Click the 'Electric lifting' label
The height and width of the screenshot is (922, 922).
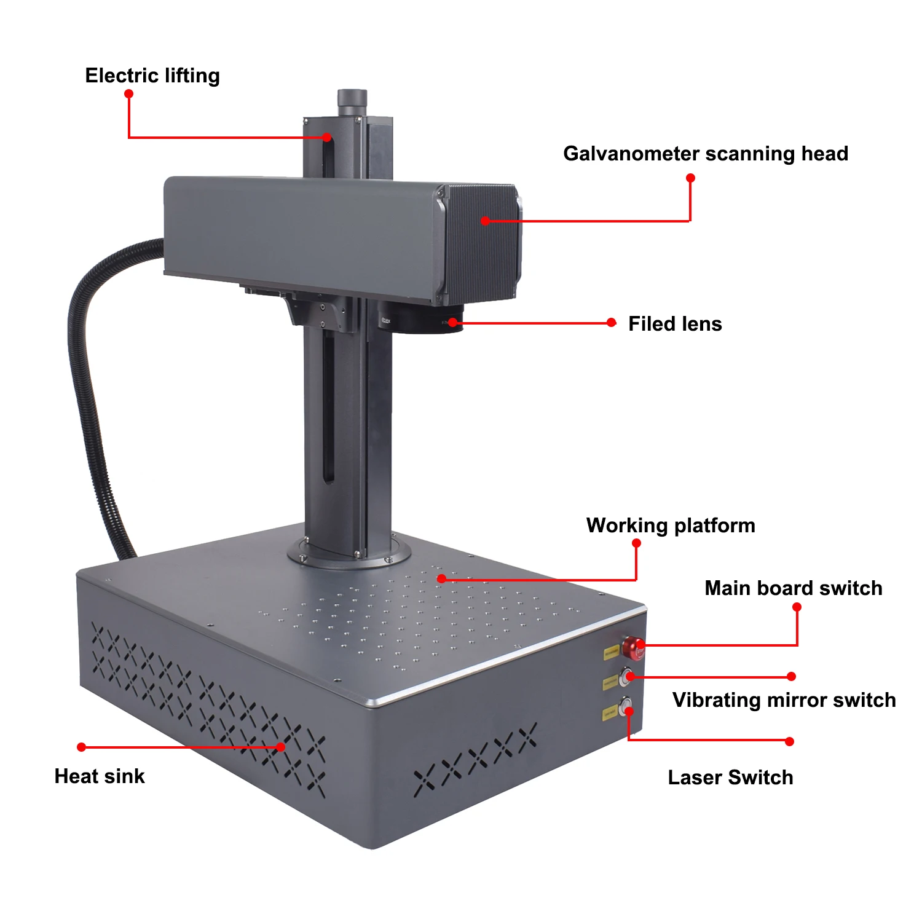[152, 76]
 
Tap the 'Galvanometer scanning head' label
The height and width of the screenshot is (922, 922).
[705, 154]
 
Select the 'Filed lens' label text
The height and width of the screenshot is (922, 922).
[675, 324]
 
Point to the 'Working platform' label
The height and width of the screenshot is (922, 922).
[670, 526]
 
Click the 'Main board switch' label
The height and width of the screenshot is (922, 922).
[793, 588]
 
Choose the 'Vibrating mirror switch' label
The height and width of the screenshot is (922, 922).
[784, 700]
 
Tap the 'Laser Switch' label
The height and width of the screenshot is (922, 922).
[730, 778]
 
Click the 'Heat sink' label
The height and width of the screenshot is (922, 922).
[100, 776]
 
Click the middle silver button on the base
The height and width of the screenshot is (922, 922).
[626, 677]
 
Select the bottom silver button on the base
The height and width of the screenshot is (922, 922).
[625, 707]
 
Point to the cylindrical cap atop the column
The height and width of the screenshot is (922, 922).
[352, 101]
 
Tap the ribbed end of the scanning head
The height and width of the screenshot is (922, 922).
[483, 243]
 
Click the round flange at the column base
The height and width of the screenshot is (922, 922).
[349, 556]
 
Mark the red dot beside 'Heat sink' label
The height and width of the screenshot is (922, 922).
[81, 747]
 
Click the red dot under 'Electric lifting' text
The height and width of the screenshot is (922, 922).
[128, 94]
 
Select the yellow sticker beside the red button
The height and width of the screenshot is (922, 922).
[611, 653]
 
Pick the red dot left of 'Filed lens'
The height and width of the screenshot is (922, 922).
[611, 323]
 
